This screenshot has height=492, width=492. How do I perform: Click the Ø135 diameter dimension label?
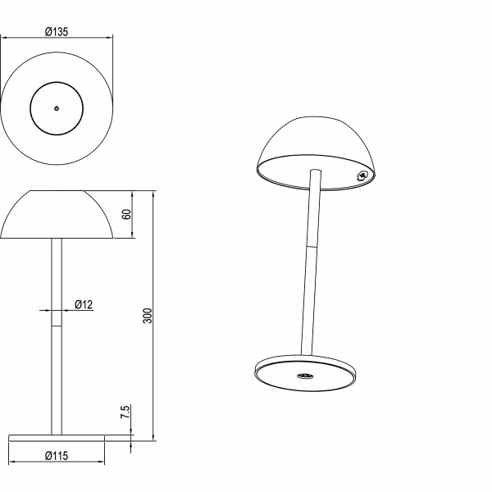(x=56, y=32)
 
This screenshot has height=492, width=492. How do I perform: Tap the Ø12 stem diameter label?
(x=84, y=304)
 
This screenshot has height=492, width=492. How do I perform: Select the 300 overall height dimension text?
(x=148, y=316)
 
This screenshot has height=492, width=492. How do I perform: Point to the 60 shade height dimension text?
(x=126, y=214)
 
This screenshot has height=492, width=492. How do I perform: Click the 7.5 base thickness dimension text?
(x=125, y=413)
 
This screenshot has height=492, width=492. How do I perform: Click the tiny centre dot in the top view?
(x=56, y=107)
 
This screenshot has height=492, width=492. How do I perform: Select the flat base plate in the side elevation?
(x=56, y=436)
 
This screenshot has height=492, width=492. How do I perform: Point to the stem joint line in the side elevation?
(x=56, y=326)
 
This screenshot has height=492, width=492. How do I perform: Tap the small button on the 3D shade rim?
(x=362, y=174)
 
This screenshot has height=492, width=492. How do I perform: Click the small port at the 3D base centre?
(x=304, y=376)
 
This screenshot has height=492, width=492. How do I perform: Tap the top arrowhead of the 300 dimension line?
(x=153, y=194)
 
